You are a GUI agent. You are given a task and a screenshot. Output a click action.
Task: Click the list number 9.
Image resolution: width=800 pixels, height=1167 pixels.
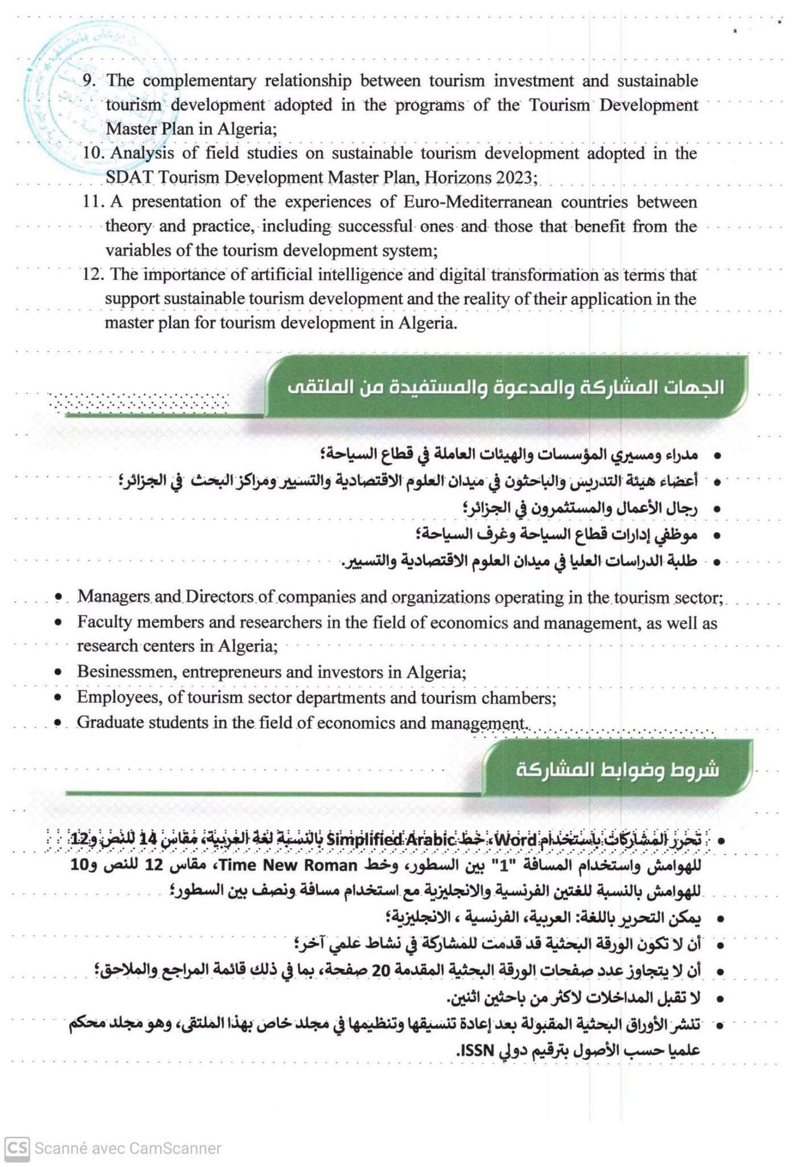(89, 80)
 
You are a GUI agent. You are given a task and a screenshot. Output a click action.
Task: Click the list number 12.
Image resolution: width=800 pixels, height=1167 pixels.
(92, 275)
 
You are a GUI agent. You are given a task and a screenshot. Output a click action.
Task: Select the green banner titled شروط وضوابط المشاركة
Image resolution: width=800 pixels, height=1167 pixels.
(617, 769)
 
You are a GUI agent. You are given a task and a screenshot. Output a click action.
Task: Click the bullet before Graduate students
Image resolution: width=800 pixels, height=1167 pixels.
(58, 723)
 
